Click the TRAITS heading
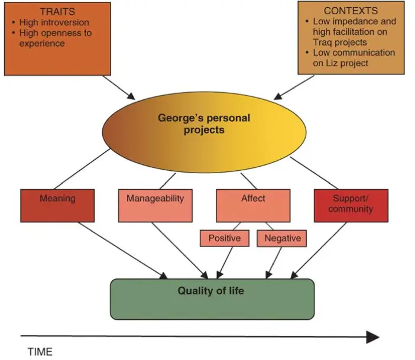[57, 11]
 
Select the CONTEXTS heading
[351, 11]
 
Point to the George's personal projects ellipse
[204, 124]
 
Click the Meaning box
[57, 205]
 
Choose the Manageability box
[155, 205]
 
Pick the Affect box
[253, 205]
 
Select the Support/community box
[351, 205]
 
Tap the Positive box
[224, 238]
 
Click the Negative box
[283, 238]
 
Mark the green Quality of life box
[212, 299]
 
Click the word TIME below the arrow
[40, 352]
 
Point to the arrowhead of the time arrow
[372, 337]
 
